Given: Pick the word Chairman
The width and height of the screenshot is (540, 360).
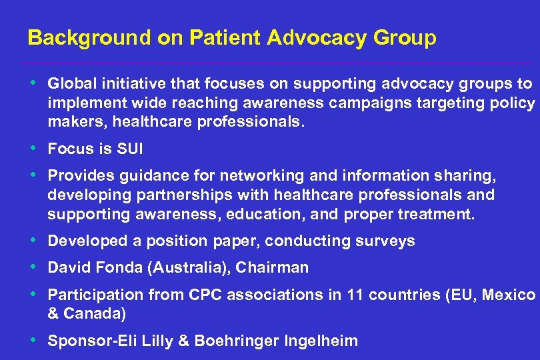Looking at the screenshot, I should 277,268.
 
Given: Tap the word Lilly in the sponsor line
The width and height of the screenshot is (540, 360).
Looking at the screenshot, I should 170,341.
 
